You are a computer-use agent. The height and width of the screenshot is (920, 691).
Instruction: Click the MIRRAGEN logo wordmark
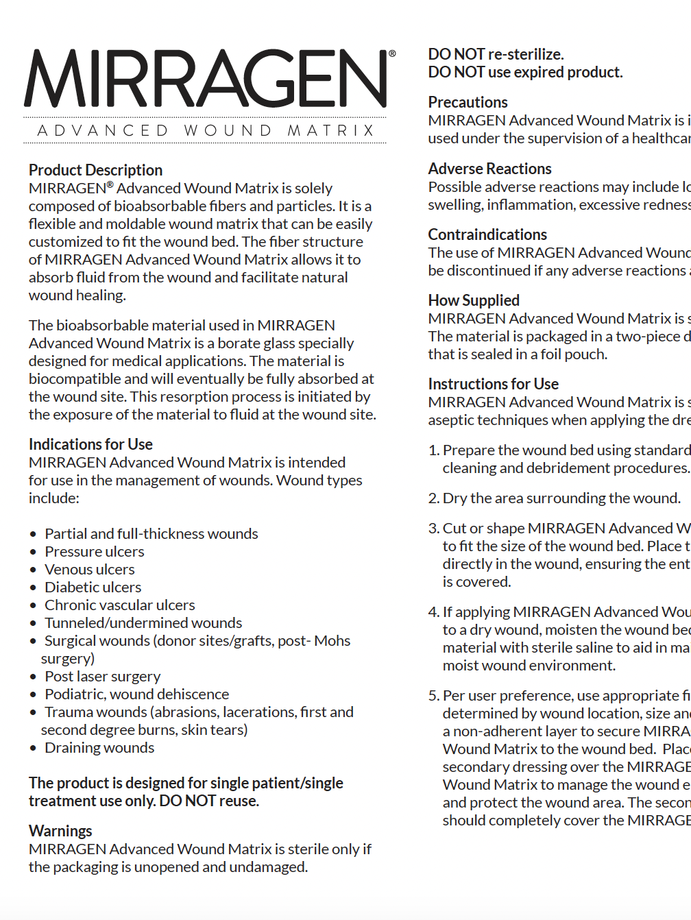click(x=206, y=78)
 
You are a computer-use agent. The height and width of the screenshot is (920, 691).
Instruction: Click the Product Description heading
click(x=95, y=170)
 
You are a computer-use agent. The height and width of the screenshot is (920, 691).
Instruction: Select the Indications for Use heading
click(x=90, y=444)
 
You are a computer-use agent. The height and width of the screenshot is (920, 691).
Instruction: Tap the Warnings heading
click(x=60, y=831)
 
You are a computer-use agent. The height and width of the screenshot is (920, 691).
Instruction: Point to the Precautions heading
click(x=468, y=102)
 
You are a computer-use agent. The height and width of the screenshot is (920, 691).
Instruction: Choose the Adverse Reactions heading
click(x=489, y=169)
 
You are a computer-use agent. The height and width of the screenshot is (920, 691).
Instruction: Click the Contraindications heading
click(x=487, y=234)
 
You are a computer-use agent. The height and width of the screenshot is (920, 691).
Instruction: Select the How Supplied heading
click(x=474, y=300)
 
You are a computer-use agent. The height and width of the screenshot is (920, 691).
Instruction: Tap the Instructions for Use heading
click(x=493, y=384)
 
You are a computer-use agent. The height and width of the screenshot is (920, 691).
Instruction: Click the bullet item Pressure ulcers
click(x=95, y=551)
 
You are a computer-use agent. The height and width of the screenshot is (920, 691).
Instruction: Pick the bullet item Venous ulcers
click(x=90, y=569)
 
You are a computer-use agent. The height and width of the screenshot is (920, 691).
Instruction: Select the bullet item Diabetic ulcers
click(x=93, y=587)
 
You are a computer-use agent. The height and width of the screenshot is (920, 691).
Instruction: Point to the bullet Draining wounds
click(x=99, y=747)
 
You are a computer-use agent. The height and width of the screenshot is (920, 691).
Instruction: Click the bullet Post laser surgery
click(x=103, y=676)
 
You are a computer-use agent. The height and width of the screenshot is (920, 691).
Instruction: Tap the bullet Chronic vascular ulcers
click(x=120, y=605)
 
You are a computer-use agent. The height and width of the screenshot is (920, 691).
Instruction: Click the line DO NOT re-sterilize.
click(x=496, y=54)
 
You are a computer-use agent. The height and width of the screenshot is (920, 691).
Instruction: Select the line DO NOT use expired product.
click(x=525, y=72)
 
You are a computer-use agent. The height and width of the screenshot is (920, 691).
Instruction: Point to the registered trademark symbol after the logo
click(x=392, y=53)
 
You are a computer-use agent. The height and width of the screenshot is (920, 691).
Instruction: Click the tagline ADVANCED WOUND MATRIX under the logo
click(x=206, y=130)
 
